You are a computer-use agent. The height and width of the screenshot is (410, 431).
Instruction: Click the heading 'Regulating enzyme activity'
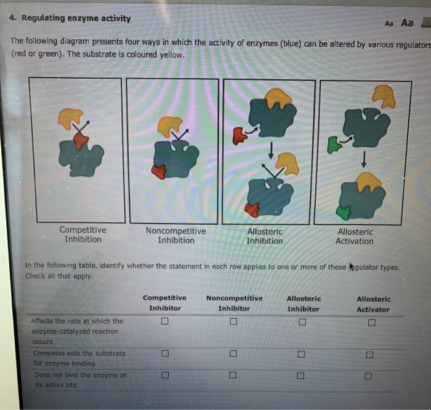click(x=76, y=18)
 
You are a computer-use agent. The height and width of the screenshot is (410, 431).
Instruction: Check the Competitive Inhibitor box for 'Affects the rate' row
click(x=164, y=321)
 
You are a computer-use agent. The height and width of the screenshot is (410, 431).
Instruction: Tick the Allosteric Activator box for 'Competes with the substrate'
click(x=369, y=355)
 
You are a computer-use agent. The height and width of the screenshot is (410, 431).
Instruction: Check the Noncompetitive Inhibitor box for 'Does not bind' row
click(x=233, y=376)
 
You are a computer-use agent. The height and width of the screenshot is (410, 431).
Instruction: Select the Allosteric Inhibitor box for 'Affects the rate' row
click(x=302, y=322)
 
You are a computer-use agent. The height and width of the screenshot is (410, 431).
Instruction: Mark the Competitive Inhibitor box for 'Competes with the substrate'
click(x=164, y=354)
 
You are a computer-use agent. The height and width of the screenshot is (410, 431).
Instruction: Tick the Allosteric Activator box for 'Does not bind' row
click(x=368, y=376)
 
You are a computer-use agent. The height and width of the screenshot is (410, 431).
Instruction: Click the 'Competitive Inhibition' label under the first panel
click(x=83, y=235)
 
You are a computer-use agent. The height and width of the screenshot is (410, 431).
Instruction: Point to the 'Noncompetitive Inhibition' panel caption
click(x=175, y=236)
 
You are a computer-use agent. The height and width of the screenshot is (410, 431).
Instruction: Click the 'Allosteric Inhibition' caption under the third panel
click(x=265, y=236)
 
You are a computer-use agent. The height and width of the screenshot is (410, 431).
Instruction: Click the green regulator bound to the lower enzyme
click(x=343, y=212)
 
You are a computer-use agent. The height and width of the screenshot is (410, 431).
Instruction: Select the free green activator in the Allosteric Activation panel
click(x=333, y=145)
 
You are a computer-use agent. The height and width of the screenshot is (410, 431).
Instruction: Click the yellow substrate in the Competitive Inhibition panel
click(x=70, y=118)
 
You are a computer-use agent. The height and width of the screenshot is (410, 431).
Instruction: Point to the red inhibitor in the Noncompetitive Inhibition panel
click(x=159, y=171)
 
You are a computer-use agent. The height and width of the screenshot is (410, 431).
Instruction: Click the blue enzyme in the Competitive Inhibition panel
click(x=81, y=158)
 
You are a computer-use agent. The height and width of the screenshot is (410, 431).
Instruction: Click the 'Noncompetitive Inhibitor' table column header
click(x=234, y=303)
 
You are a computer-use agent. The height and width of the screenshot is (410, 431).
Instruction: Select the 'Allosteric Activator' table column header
click(x=373, y=304)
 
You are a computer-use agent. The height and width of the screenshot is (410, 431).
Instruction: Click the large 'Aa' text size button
click(x=407, y=23)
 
